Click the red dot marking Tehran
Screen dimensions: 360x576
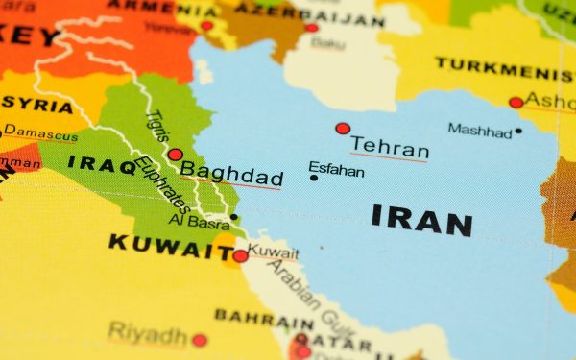coord(343,129)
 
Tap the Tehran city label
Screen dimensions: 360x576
coord(389,147)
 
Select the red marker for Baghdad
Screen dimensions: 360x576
coord(175,154)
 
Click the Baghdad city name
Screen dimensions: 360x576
coord(231,176)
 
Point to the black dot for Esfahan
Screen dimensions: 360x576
coord(313,178)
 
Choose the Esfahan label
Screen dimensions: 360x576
coord(337,170)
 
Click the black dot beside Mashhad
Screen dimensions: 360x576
coord(518,131)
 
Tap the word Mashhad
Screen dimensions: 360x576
coord(479,130)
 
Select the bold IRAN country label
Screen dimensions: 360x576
coord(421,220)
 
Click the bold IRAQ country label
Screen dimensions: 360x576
coord(103,164)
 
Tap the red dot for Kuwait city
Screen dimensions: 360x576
coord(240,255)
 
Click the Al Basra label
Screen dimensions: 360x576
coord(198,220)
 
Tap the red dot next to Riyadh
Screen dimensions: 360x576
coord(199,340)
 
